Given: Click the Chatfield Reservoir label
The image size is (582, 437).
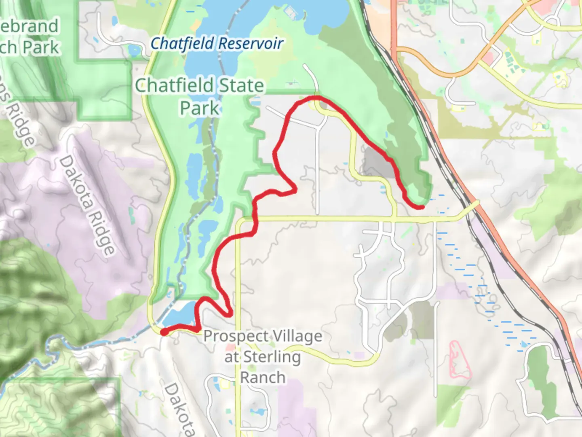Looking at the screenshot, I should click(217, 44).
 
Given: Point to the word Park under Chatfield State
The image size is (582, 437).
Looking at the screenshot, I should click(200, 108).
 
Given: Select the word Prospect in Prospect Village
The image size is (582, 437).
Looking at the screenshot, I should click(236, 336).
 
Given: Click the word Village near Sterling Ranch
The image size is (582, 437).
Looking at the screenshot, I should click(297, 336).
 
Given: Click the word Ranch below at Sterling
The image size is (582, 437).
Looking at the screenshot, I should click(263, 378).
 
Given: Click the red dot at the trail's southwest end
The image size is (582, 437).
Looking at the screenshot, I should click(164, 332).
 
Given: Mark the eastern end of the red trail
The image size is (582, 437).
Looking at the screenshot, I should click(422, 207).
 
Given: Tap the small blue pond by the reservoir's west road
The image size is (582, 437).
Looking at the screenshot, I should click(133, 51).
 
